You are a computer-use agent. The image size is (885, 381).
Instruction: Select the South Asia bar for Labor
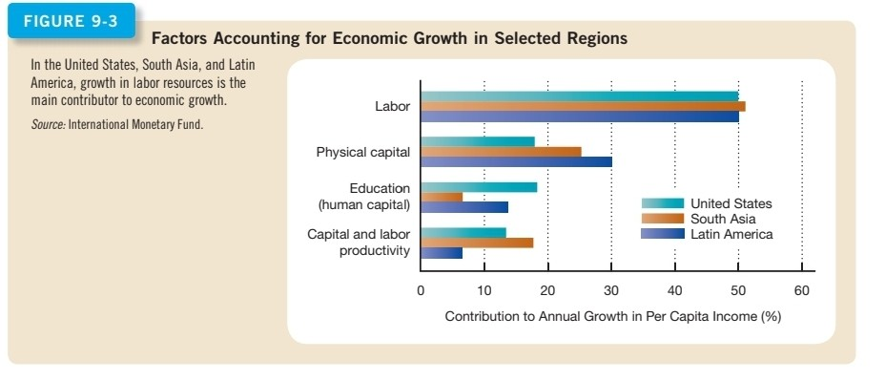coord(582,106)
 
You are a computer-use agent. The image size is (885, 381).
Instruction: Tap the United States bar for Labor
coord(579,95)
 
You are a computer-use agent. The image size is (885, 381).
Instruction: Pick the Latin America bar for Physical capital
coord(515,161)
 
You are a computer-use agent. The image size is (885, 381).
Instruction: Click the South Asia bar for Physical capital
coord(500,151)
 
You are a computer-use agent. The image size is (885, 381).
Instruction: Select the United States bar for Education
coord(478,187)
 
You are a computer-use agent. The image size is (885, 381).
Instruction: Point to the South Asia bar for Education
coord(441,198)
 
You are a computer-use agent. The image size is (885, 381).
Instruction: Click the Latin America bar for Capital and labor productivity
coord(441,253)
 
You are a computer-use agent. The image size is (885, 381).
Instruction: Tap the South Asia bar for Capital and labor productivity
coord(476,243)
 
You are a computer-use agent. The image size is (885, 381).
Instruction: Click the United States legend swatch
coord(662,203)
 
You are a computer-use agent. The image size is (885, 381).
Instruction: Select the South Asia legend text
coord(723,219)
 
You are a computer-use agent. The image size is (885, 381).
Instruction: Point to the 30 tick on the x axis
coord(610,290)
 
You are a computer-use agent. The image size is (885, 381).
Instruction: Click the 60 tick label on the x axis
coord(801,290)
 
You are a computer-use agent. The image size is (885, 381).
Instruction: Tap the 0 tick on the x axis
coord(421,290)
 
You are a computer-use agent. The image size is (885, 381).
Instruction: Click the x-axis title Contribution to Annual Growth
coord(612,316)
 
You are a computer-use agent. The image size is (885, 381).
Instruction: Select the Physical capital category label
coord(362,152)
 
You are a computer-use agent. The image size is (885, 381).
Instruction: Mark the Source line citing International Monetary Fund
coord(116,124)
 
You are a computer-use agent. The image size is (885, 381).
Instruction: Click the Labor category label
coord(392,106)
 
